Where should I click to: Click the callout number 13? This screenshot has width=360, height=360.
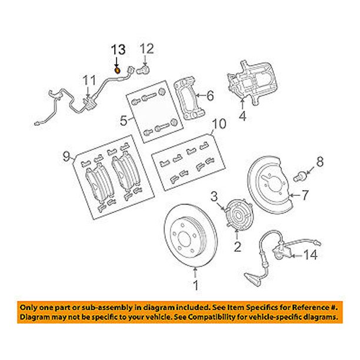click(118, 50)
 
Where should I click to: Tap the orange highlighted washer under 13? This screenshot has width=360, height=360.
click(117, 70)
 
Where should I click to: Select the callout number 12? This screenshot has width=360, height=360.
click(147, 49)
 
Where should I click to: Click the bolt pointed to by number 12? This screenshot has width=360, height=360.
click(144, 69)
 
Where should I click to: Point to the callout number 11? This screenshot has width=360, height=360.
click(89, 81)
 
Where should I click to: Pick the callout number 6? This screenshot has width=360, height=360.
click(210, 95)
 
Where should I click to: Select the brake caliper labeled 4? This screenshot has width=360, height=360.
click(252, 82)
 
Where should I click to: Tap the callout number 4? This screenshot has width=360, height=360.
click(243, 116)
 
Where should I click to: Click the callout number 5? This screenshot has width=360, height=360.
click(124, 121)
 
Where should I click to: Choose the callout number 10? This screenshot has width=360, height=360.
click(219, 124)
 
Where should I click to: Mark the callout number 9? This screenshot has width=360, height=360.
click(66, 157)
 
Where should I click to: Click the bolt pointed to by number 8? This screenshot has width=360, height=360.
click(299, 178)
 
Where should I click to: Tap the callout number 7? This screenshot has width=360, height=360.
click(305, 195)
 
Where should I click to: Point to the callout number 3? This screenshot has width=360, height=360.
click(214, 196)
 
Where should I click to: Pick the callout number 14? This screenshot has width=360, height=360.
click(311, 255)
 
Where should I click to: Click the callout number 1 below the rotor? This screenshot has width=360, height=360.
click(196, 285)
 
